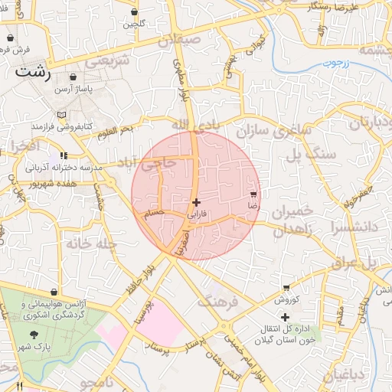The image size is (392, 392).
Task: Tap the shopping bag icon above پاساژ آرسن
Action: pyautogui.click(x=73, y=78)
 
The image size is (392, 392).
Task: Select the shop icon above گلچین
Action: pyautogui.click(x=135, y=12)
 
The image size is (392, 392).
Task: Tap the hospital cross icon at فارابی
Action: pyautogui.click(x=197, y=202)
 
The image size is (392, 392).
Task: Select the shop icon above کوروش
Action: pyautogui.click(x=286, y=288)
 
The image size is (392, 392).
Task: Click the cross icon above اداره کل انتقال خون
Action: pyautogui.click(x=285, y=317)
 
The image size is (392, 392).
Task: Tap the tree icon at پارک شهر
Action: pyautogui.click(x=34, y=335)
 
